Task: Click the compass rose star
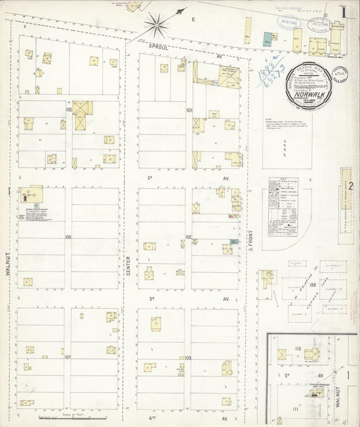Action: [157, 25]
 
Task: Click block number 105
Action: [69, 109]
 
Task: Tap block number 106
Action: [68, 237]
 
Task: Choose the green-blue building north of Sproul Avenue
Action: [269, 39]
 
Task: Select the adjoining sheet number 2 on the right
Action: [351, 185]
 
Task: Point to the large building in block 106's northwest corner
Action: [30, 196]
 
